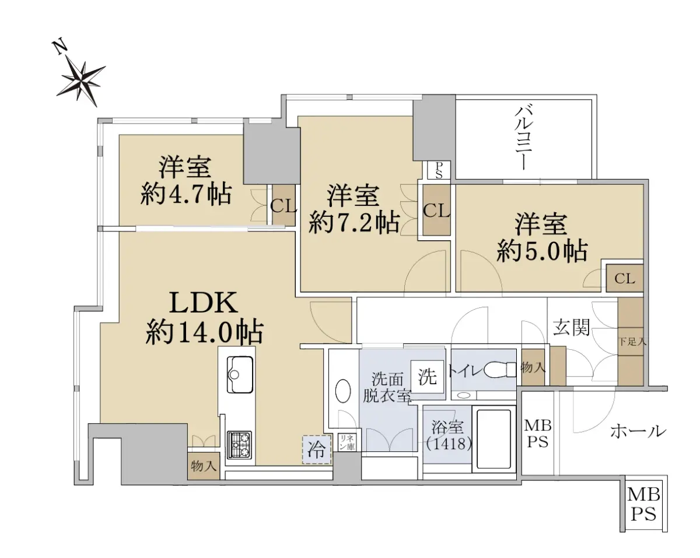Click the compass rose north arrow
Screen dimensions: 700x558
tap(80, 78)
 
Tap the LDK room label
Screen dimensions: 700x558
tap(204, 303)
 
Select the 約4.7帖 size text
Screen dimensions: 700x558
tap(186, 195)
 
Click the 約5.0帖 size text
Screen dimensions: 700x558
tap(542, 251)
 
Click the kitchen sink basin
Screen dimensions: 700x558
tap(240, 374)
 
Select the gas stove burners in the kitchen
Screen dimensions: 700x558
tap(239, 445)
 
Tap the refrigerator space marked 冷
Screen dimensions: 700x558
tap(317, 450)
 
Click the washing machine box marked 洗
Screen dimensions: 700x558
tap(427, 377)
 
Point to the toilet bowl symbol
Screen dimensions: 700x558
tap(500, 370)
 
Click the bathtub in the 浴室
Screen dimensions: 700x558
tap(494, 438)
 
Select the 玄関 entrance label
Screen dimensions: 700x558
tap(572, 327)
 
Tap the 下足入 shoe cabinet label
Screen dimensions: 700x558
tap(632, 342)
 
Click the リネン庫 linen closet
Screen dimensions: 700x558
tap(346, 443)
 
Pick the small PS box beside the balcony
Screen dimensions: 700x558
tap(439, 170)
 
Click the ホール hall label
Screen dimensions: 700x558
tap(638, 431)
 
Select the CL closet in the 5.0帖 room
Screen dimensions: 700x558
tap(625, 278)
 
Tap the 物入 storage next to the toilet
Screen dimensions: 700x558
tap(533, 368)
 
